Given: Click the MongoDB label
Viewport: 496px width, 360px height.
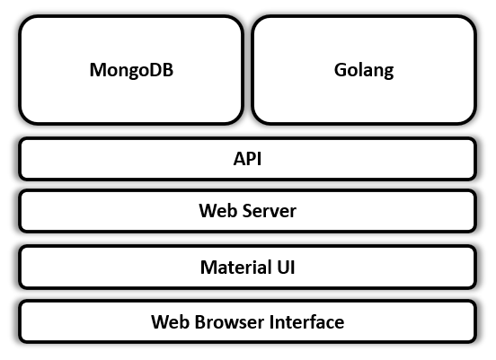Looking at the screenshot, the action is point(131,70).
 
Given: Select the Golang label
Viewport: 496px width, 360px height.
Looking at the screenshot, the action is point(364,70).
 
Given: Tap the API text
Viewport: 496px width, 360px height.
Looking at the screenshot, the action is point(247,159).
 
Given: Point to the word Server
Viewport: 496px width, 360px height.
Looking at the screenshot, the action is point(270,210).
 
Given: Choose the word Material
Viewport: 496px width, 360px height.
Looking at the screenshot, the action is point(236,267).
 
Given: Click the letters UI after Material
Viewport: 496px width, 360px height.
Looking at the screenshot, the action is point(286,267).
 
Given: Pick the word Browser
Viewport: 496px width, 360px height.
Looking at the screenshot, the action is point(229,322).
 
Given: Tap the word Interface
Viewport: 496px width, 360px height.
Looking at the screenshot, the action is point(306,322).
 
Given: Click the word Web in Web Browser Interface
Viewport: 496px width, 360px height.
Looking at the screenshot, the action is point(170,322).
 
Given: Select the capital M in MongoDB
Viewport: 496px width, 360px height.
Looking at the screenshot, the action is point(98,70).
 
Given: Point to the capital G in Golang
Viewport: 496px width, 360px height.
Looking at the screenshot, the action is point(341,70).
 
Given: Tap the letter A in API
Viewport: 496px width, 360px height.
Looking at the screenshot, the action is point(239,159).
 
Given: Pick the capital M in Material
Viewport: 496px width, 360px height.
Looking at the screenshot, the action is point(208,267).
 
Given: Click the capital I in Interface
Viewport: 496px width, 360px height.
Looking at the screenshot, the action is point(271,322).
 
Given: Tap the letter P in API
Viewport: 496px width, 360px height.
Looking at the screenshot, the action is point(252,159).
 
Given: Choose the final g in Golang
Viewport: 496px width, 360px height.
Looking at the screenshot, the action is point(389,73).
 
